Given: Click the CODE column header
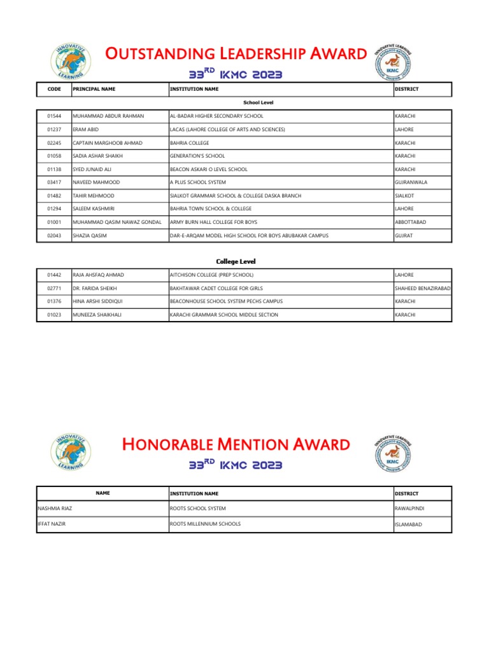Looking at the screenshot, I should tap(54, 89).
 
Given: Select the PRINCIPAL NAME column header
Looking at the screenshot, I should tap(94, 89).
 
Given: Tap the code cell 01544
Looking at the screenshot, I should tap(54, 116).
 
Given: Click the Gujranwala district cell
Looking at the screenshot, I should tap(415, 182).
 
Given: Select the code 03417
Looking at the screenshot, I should tap(54, 182).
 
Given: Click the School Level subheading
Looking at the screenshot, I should tap(259, 102).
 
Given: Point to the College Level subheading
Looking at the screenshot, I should tap(236, 261).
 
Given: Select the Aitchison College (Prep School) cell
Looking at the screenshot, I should tap(211, 275).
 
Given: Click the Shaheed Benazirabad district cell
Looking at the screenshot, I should tap(423, 288).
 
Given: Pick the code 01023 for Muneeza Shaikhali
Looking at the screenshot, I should tap(54, 315).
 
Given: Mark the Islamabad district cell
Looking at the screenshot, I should tap(408, 524).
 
